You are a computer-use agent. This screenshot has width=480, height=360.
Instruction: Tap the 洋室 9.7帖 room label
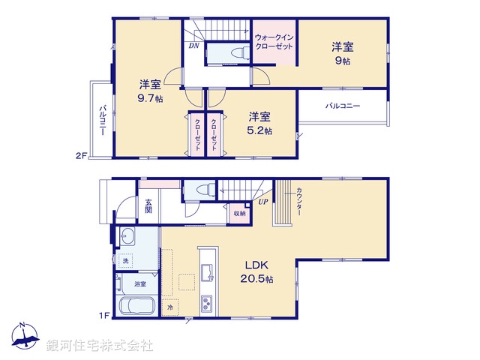click(150, 91)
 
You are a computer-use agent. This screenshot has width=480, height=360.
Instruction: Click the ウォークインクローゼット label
click(274, 42)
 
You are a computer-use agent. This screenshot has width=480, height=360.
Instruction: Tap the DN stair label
click(193, 46)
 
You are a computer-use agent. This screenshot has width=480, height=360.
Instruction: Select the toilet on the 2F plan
click(239, 53)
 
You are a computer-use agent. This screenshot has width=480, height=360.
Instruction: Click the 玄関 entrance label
click(149, 205)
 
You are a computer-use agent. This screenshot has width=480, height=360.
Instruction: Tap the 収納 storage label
click(238, 213)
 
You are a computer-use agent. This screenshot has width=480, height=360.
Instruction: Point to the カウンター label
click(298, 202)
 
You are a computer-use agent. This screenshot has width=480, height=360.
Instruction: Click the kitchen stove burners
click(205, 304)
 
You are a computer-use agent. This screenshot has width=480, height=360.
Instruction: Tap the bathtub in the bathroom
click(135, 307)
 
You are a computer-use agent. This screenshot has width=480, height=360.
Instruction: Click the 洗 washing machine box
click(126, 260)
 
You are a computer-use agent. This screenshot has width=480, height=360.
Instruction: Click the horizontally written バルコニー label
click(343, 106)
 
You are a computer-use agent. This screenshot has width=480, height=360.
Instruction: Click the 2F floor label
click(80, 156)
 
